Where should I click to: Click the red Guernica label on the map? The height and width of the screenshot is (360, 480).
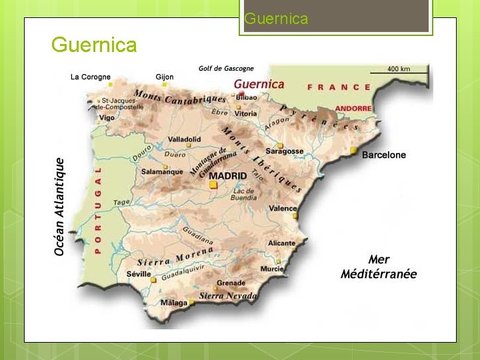(259, 84)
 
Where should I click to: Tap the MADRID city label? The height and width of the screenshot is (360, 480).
(228, 176)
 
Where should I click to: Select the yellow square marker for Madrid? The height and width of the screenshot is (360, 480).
(213, 185)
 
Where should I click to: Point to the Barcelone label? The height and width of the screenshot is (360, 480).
(383, 155)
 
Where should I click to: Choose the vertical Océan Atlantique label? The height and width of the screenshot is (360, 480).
(60, 206)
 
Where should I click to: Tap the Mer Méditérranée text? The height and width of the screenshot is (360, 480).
(379, 267)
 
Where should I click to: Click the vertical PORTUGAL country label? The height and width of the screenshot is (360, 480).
(97, 209)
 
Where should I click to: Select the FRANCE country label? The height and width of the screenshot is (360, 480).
(339, 87)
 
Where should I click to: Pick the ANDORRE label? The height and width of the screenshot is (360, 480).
(353, 108)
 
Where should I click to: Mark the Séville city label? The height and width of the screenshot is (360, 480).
(138, 274)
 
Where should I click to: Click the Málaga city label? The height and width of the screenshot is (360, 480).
(174, 303)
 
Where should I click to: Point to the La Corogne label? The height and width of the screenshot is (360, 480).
(91, 77)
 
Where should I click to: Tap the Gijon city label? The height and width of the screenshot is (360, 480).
(164, 77)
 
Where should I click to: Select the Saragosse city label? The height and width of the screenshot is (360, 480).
(284, 151)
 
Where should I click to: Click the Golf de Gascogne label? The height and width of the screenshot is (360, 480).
(226, 68)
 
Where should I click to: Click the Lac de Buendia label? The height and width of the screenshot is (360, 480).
(244, 194)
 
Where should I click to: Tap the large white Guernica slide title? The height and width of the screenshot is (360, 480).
(94, 45)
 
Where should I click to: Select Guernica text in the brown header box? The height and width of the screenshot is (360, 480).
(276, 19)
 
